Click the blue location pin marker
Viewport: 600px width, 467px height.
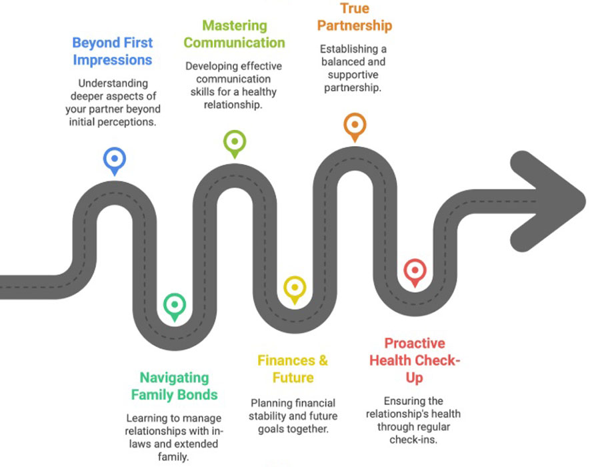click(115, 161)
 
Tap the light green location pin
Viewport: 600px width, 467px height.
click(235, 143)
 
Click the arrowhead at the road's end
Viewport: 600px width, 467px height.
click(548, 201)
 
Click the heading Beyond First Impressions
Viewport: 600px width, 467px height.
click(113, 51)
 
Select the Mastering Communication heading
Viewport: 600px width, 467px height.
click(234, 34)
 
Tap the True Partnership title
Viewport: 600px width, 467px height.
click(355, 17)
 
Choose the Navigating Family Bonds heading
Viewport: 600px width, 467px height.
click(175, 386)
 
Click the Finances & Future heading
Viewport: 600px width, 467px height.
click(293, 369)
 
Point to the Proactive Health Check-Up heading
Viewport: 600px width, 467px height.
click(415, 360)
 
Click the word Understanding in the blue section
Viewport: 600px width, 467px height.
click(113, 83)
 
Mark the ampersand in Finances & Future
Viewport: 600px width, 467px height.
click(323, 360)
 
